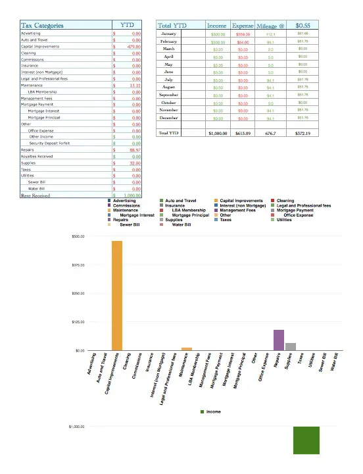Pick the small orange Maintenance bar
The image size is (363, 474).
pyautogui.click(x=187, y=348)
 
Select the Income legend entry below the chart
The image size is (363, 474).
pyautogui.click(x=212, y=411)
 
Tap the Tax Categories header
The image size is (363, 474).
pyautogui.click(x=43, y=25)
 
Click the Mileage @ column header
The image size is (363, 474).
pyautogui.click(x=271, y=25)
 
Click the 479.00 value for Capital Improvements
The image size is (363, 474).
pyautogui.click(x=134, y=47)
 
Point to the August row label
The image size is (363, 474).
pyautogui.click(x=169, y=87)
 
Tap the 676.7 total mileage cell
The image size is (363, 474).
pyautogui.click(x=271, y=133)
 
